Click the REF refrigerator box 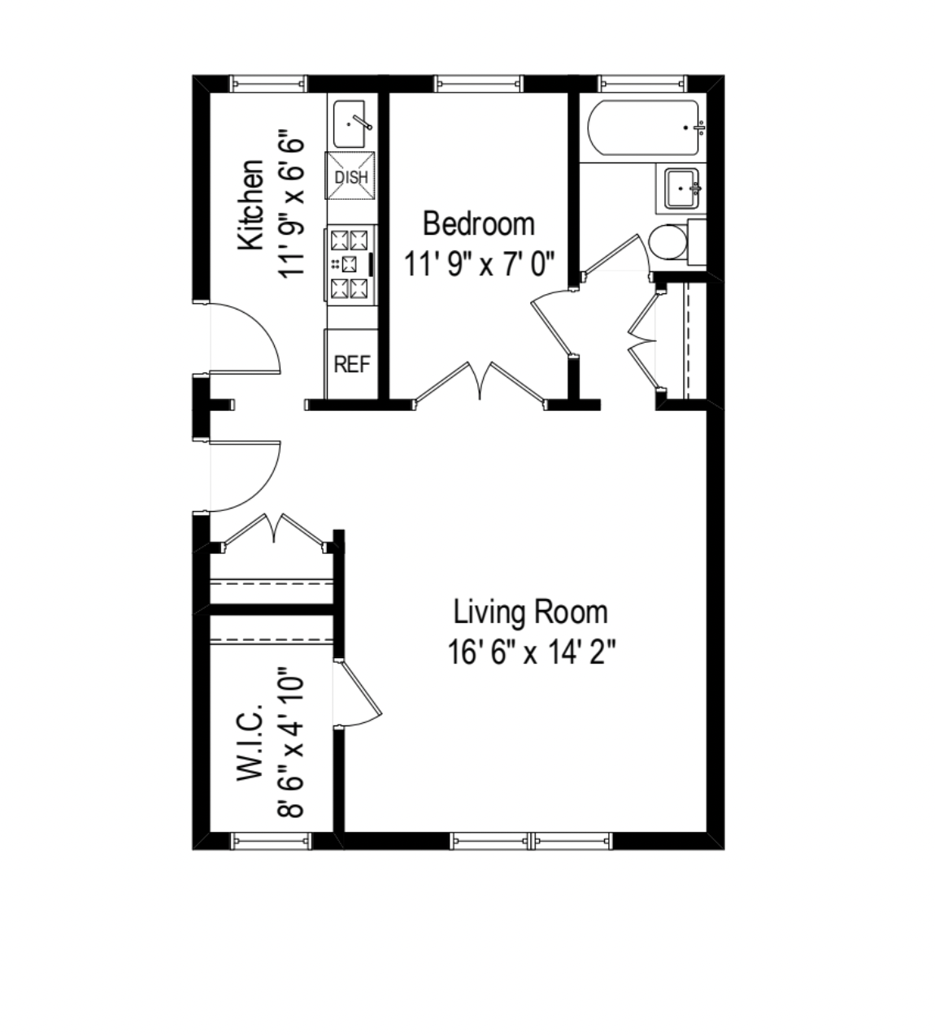(x=351, y=364)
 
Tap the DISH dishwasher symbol (x=351, y=176)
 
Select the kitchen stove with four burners (x=350, y=264)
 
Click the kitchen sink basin (x=351, y=124)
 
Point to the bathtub (x=644, y=128)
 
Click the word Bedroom (x=479, y=223)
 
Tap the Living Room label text (x=530, y=612)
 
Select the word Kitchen (x=251, y=205)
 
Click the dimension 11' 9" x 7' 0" (x=479, y=263)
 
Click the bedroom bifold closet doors (x=481, y=381)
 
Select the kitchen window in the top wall (x=268, y=83)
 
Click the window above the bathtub (x=642, y=83)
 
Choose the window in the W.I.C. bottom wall (x=272, y=841)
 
